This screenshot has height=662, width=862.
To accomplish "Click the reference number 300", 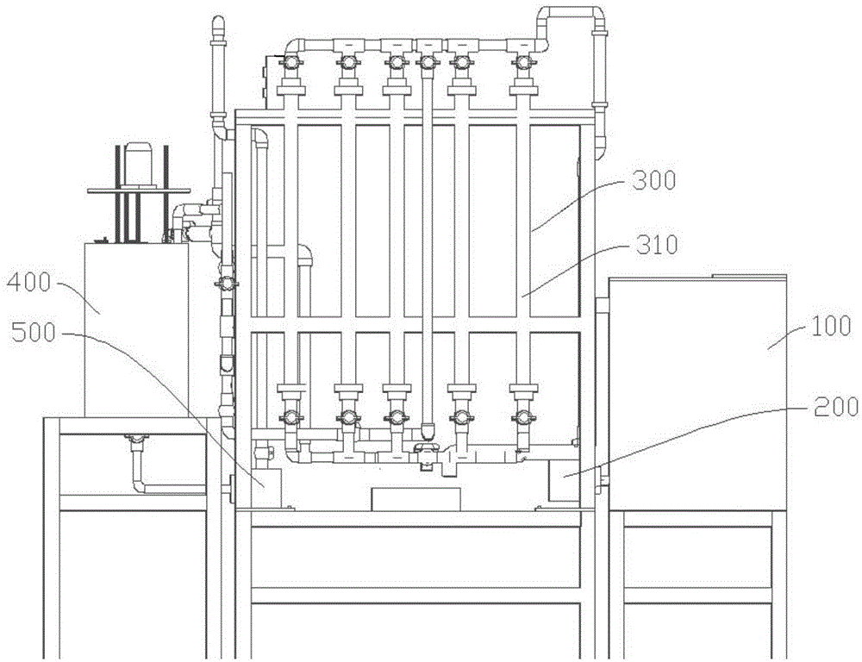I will click(656, 181).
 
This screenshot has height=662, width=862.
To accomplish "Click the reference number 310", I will click(656, 246).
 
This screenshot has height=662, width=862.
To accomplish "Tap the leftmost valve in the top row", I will click(291, 62).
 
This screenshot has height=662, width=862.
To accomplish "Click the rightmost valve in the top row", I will click(520, 62).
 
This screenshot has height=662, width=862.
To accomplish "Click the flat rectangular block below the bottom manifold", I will click(415, 498).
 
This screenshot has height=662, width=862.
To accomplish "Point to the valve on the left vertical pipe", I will click(226, 283).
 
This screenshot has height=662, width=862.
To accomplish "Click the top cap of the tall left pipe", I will click(215, 21).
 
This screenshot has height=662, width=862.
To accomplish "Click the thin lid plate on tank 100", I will click(748, 276).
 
